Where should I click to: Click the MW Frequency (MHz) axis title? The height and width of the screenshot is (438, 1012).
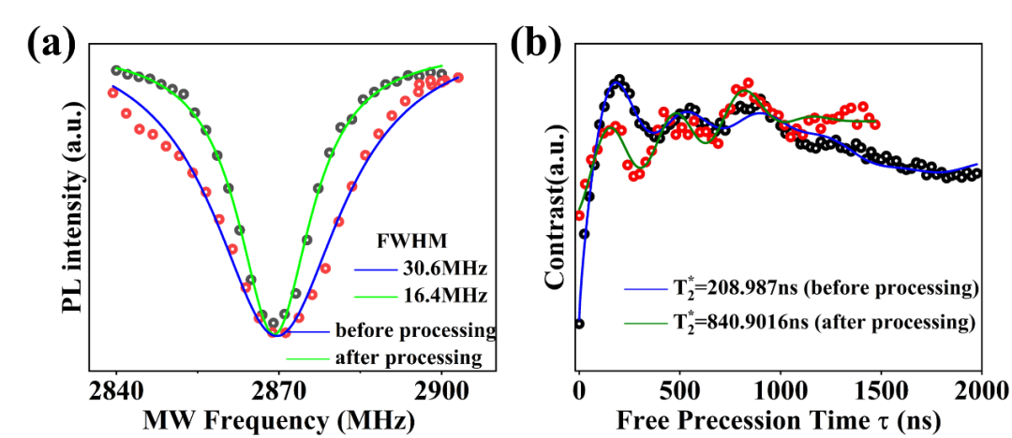click(278, 420)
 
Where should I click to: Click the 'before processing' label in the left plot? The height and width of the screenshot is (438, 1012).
click(414, 330)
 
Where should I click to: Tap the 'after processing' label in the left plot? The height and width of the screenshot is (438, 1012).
click(409, 358)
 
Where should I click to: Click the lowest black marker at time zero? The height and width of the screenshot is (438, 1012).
click(579, 324)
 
